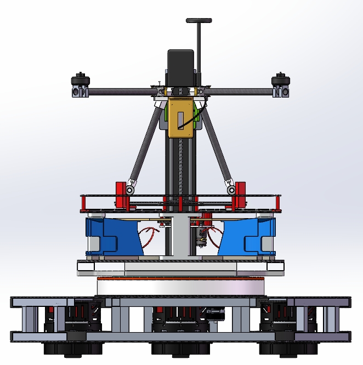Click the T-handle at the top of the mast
tap(198, 21)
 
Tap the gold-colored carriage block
tap(181, 117)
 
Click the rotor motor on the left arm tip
tap(81, 84)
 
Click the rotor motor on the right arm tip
tap(281, 84)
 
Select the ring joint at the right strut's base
tap(232, 189)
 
